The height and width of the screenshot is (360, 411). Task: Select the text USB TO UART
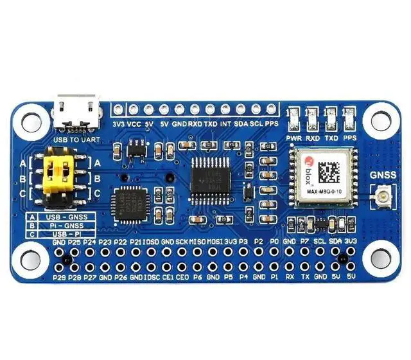click(x=78, y=139)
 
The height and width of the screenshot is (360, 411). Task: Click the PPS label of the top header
click(x=272, y=123)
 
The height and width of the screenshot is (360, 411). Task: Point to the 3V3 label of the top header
click(x=118, y=123)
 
